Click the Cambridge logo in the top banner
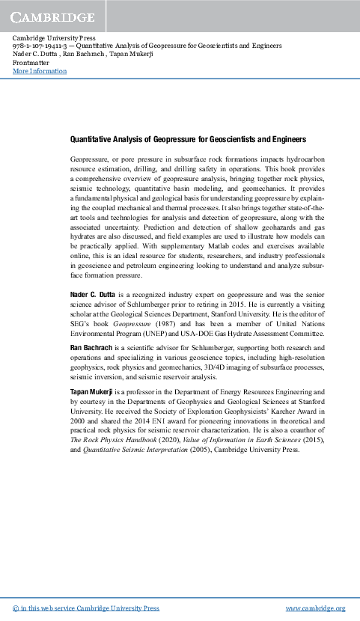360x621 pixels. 52,16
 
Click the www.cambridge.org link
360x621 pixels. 316,608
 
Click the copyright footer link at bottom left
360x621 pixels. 87,608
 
